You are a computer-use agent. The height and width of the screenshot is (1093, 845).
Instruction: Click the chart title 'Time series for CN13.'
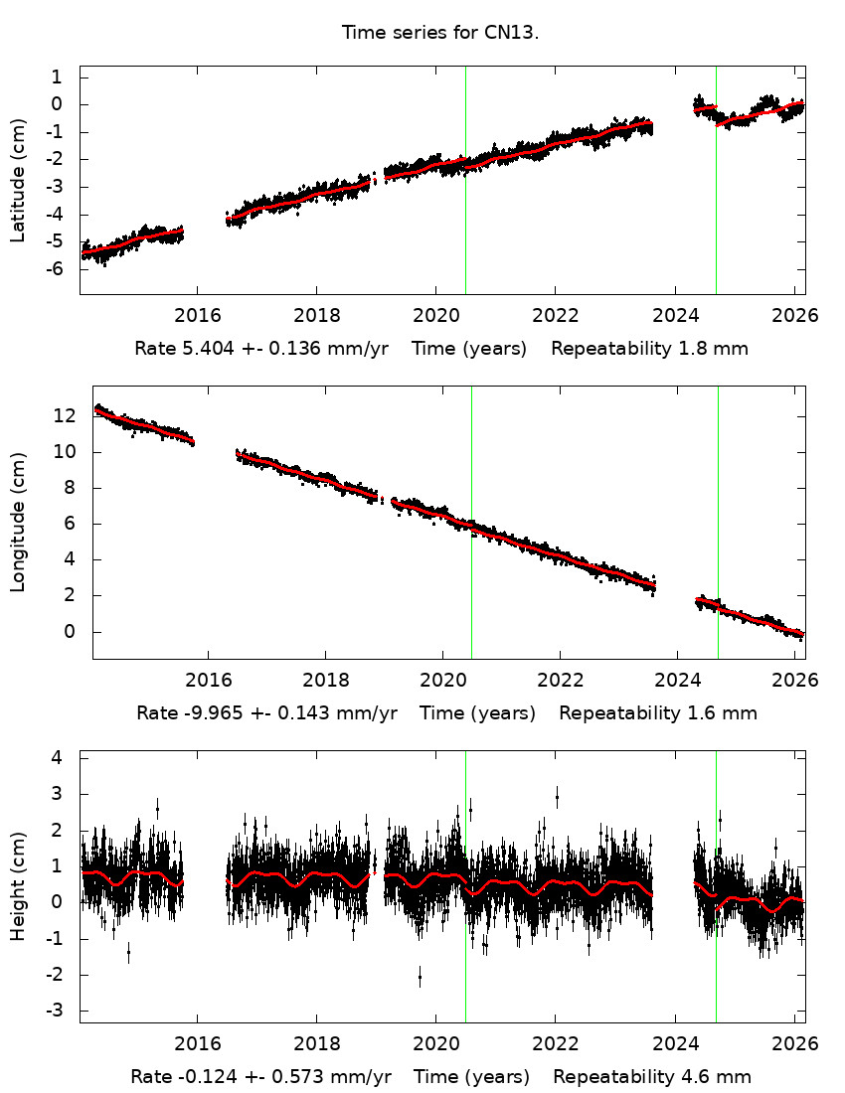[x=439, y=32]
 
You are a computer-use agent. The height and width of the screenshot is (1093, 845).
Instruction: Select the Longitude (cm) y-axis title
[x=18, y=523]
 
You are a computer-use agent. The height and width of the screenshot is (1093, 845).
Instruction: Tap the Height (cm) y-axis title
[x=18, y=887]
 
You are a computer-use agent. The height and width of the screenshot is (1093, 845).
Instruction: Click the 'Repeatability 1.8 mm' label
[x=649, y=349]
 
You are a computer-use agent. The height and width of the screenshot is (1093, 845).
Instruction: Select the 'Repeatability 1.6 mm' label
[x=657, y=712]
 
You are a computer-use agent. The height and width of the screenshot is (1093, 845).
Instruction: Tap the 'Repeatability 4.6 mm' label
[x=652, y=1077]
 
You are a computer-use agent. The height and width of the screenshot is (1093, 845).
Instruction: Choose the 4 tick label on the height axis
[x=57, y=757]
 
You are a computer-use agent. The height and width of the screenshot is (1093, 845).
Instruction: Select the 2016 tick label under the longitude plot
[x=208, y=681]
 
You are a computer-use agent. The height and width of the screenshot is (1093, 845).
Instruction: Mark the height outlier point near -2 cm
[x=420, y=978]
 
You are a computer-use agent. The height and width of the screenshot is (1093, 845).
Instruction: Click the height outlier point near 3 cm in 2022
[x=557, y=796]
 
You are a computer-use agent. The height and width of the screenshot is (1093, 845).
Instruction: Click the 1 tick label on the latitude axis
[x=57, y=78]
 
